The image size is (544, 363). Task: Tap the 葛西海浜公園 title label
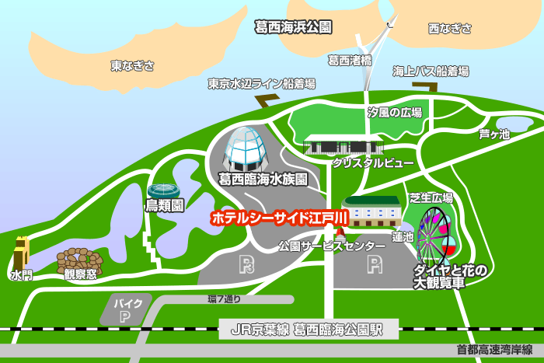293,27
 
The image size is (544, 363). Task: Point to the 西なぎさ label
450,29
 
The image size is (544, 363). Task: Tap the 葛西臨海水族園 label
263,179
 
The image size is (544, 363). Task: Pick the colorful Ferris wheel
434,232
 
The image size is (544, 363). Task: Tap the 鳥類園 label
165,206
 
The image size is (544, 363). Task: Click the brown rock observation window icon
78,258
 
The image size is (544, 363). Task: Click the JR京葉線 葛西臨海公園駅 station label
309,330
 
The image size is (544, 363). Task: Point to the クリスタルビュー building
342,145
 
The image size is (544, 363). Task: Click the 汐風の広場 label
394,113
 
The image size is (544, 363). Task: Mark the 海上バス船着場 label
431,71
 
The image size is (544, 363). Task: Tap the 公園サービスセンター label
332,246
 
